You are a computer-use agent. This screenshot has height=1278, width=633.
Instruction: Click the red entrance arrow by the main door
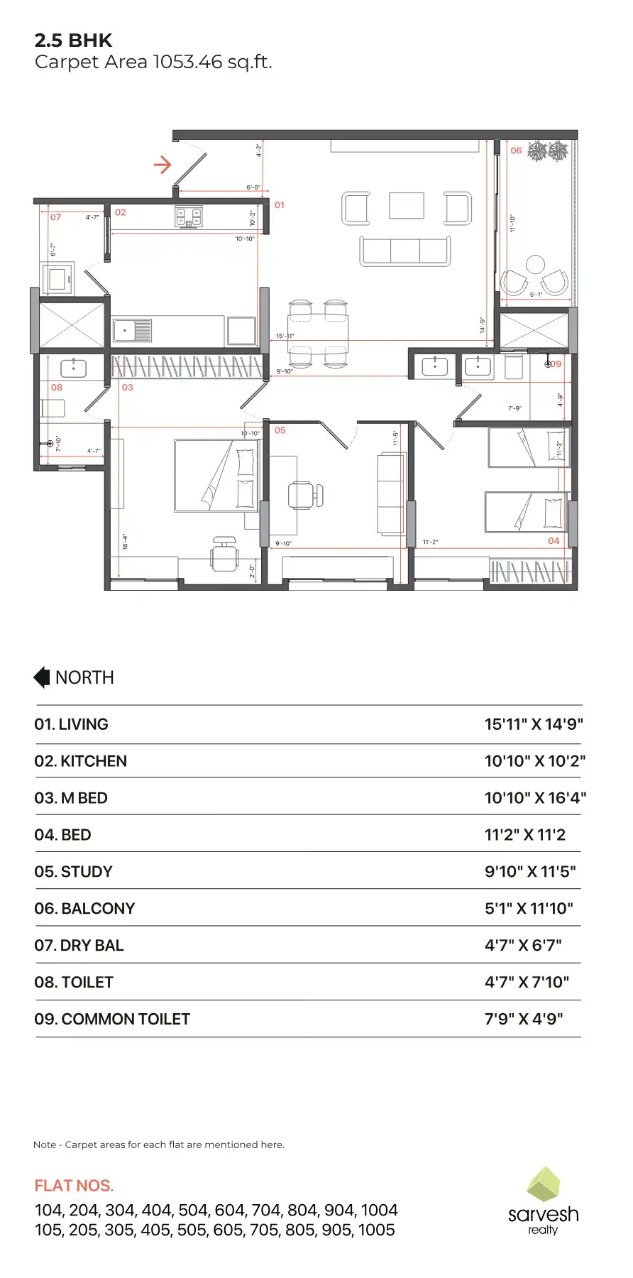pyautogui.click(x=163, y=165)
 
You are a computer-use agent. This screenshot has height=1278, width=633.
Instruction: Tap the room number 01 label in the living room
pyautogui.click(x=280, y=205)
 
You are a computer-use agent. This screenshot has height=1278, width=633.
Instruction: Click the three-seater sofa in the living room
pyautogui.click(x=405, y=251)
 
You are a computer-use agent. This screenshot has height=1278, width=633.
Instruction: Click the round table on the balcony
pyautogui.click(x=536, y=265)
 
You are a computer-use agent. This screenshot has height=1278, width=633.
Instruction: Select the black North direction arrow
pyautogui.click(x=42, y=677)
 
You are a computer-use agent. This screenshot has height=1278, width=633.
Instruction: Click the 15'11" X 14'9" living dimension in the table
pyautogui.click(x=534, y=724)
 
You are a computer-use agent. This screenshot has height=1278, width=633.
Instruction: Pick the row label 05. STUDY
pyautogui.click(x=74, y=872)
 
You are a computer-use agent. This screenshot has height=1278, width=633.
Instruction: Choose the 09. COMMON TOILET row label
pyautogui.click(x=112, y=1020)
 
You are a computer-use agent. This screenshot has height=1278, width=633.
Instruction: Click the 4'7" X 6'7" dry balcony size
pyautogui.click(x=523, y=946)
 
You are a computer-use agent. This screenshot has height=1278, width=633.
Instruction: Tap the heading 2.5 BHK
pyautogui.click(x=73, y=40)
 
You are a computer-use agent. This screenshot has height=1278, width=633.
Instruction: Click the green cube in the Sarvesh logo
pyautogui.click(x=544, y=1184)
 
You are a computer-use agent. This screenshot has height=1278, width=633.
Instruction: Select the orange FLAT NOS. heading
pyautogui.click(x=74, y=1186)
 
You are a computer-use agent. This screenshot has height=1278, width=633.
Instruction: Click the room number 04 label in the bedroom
pyautogui.click(x=554, y=541)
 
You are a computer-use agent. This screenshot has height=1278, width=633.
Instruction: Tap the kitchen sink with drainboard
pyautogui.click(x=133, y=331)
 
